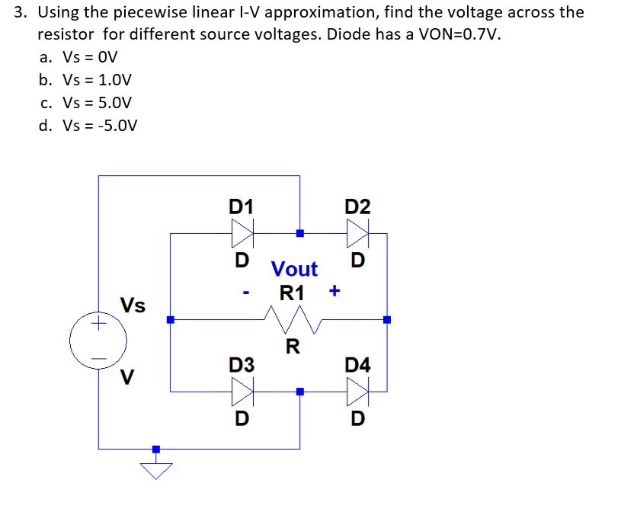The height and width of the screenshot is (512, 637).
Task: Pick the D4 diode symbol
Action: click(x=358, y=392)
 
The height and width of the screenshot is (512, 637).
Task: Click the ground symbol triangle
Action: click(x=156, y=470)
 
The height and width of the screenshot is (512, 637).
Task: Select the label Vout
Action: click(x=294, y=269)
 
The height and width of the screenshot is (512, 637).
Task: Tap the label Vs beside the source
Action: click(x=133, y=306)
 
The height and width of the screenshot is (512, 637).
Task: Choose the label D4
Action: click(x=357, y=366)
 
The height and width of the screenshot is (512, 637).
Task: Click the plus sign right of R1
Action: click(x=335, y=291)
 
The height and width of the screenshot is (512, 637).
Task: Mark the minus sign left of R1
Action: click(x=247, y=292)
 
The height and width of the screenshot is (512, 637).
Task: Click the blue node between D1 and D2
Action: click(x=300, y=232)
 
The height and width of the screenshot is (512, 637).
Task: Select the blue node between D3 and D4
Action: click(x=300, y=392)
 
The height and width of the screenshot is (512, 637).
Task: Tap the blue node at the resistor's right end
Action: click(x=387, y=319)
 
